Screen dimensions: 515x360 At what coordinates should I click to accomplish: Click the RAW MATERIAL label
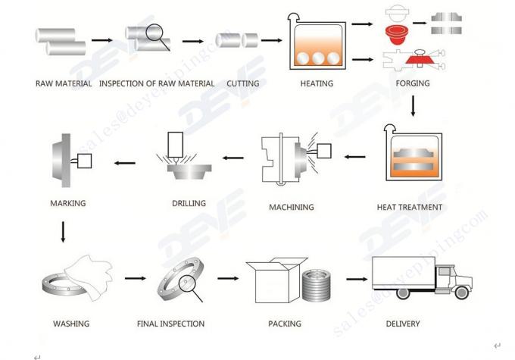(64, 83)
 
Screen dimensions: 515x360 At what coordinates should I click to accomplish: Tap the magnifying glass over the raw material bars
(158, 37)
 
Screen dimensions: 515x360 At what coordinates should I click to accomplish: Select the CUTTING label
(242, 83)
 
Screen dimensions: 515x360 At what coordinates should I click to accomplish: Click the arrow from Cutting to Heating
(272, 40)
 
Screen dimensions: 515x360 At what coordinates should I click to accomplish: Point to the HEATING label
(317, 83)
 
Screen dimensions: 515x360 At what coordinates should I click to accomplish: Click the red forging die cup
(397, 35)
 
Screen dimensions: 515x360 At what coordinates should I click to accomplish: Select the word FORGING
(413, 83)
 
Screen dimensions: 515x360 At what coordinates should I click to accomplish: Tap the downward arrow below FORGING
(413, 106)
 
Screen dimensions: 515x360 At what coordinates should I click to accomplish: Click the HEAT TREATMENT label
(409, 207)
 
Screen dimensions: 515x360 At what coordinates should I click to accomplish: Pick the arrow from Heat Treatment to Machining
(354, 157)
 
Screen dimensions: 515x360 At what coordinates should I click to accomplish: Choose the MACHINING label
(292, 207)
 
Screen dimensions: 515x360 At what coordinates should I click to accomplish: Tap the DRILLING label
(189, 203)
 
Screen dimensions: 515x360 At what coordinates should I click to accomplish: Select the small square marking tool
(84, 161)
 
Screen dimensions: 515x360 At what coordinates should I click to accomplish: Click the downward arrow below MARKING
(63, 232)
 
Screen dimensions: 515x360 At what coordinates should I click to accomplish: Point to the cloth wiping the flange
(89, 277)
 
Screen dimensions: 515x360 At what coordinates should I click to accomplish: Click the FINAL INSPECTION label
(170, 324)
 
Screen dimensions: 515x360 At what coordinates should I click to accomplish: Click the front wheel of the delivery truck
(461, 293)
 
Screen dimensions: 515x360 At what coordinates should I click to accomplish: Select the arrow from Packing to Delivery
(357, 279)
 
